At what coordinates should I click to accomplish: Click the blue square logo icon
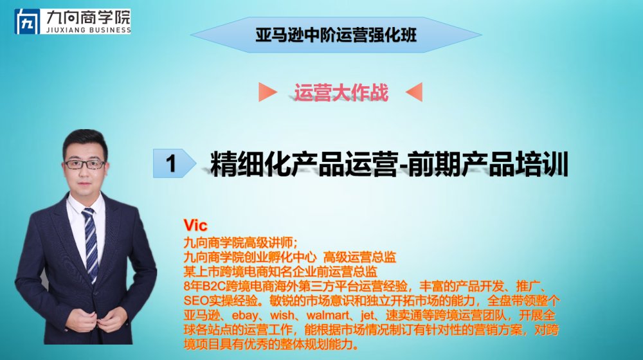(27, 21)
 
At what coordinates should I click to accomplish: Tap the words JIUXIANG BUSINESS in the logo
(89, 30)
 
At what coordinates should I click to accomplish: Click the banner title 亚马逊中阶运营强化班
(336, 35)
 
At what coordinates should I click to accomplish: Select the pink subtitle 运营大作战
(341, 93)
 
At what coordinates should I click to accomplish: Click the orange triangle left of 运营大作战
(267, 92)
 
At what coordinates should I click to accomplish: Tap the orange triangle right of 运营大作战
(414, 92)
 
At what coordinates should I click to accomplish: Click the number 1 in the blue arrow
(171, 163)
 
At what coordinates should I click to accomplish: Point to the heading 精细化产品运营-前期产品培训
(389, 164)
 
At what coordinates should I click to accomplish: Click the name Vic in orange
(195, 225)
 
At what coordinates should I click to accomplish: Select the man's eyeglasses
(85, 165)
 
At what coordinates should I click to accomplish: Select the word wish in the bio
(282, 315)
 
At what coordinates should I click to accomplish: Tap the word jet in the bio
(367, 315)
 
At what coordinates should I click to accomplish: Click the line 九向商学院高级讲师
(239, 243)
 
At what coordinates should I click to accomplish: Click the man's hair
(84, 141)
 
